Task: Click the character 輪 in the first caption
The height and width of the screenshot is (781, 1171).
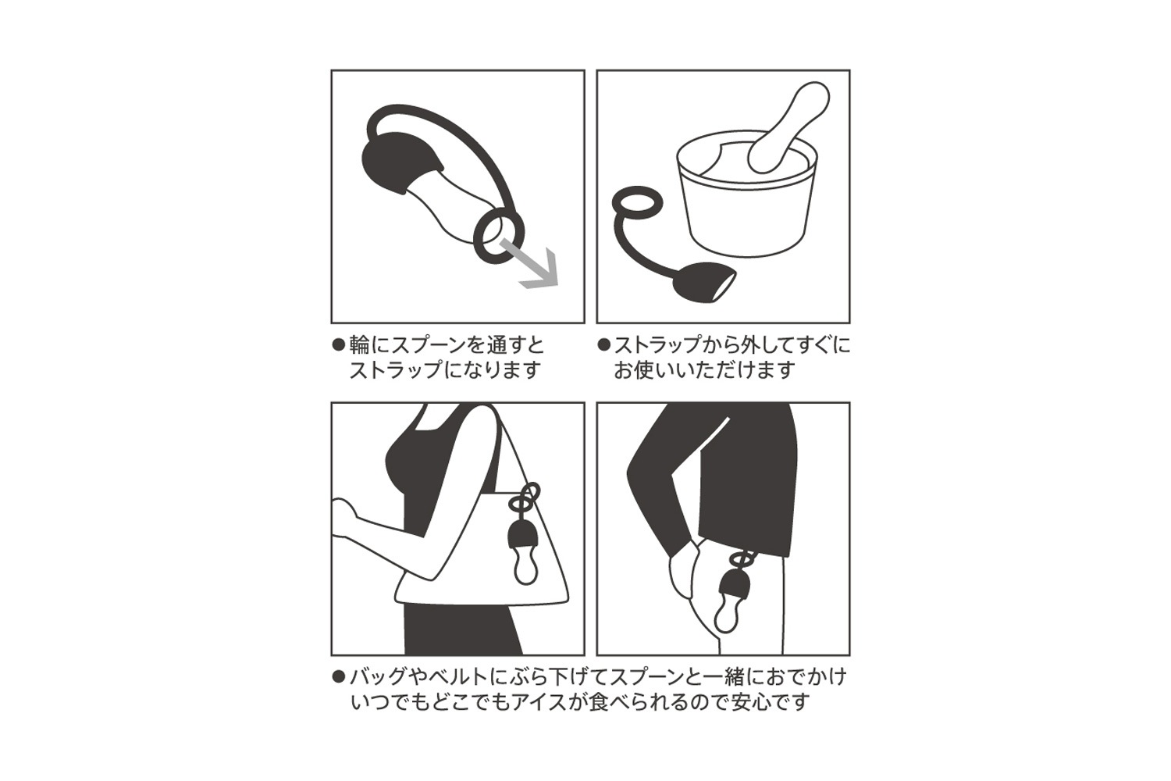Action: click(360, 346)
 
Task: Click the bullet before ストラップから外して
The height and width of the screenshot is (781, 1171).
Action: click(603, 345)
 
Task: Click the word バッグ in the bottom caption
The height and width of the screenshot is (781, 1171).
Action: click(378, 677)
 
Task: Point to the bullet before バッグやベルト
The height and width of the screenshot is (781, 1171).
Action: click(339, 677)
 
